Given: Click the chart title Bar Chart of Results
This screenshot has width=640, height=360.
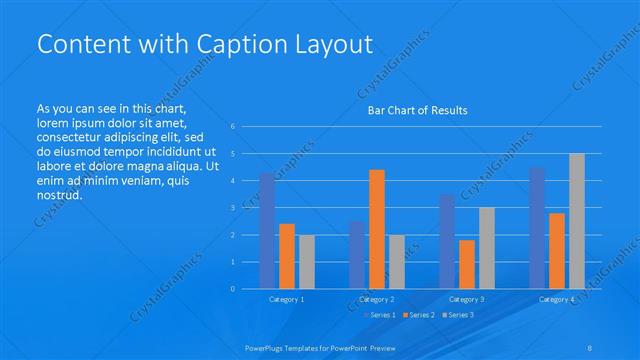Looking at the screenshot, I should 411,110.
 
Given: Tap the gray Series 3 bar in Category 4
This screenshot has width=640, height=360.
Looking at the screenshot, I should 577,221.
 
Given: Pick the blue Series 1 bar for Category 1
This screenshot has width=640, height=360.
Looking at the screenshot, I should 267,231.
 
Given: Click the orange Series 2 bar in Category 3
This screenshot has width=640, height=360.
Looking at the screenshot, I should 467,264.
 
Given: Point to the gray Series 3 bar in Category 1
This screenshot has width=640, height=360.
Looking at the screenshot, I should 307,262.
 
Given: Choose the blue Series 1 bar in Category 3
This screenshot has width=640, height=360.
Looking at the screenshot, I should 447,241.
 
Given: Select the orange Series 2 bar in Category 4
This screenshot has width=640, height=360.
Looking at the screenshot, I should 557,251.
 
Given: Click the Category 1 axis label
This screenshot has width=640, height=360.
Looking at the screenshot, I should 287,299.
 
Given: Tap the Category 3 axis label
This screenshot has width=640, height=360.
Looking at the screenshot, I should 467,299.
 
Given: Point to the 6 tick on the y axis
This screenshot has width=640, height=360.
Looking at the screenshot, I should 232,126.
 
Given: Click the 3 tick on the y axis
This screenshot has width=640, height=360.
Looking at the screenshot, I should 232,208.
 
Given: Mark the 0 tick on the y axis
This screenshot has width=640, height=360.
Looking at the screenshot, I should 232,289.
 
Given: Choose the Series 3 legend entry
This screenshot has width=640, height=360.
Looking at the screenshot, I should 458,315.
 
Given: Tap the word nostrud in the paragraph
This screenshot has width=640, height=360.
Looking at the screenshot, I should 58,194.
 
